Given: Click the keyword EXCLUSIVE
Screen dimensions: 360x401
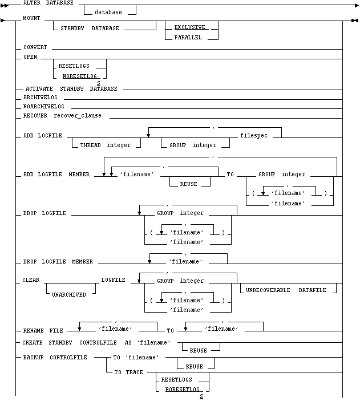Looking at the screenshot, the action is [189, 27].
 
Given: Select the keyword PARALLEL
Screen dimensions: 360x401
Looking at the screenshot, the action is [188, 37].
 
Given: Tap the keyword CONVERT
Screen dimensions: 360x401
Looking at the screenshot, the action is [35, 47].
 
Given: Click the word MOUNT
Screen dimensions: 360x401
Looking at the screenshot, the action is [31, 18].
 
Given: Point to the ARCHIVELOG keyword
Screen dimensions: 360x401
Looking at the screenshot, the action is [40, 97].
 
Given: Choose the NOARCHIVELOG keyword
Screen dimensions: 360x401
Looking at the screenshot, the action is [44, 107].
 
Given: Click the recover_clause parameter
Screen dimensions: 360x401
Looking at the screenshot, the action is [78, 116].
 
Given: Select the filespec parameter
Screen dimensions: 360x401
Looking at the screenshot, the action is [254, 136].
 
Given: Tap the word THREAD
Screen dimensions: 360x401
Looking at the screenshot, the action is [90, 145].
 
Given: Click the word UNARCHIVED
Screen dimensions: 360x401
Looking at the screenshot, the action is [69, 294].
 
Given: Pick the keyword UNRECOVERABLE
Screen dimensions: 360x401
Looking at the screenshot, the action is [268, 290].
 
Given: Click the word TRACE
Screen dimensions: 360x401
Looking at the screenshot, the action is [134, 372].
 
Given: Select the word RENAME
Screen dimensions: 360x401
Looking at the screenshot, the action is [33, 331].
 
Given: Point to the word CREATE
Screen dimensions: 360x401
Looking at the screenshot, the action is [33, 342].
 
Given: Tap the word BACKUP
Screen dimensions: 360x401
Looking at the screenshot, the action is [33, 357].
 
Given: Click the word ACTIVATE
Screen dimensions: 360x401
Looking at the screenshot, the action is [39, 89].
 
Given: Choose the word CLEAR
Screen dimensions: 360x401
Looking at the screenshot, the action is [31, 280].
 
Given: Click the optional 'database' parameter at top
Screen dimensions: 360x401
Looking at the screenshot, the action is [108, 12].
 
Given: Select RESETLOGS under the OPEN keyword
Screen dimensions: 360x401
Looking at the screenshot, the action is [74, 66].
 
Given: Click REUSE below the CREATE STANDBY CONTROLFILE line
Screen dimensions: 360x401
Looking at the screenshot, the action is [199, 351].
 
